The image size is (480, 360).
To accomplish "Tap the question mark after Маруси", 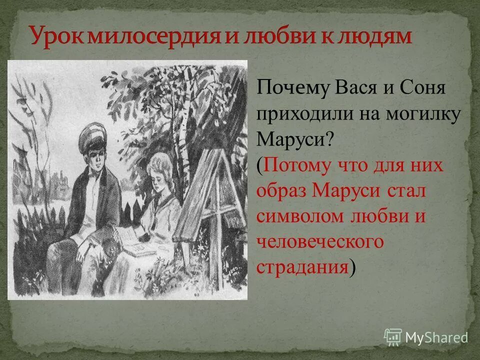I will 329,139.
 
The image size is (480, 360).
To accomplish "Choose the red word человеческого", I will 320,242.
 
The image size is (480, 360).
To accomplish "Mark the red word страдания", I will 302,267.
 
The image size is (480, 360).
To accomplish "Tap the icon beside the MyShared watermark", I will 393,336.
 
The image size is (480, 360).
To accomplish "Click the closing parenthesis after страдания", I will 353,268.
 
